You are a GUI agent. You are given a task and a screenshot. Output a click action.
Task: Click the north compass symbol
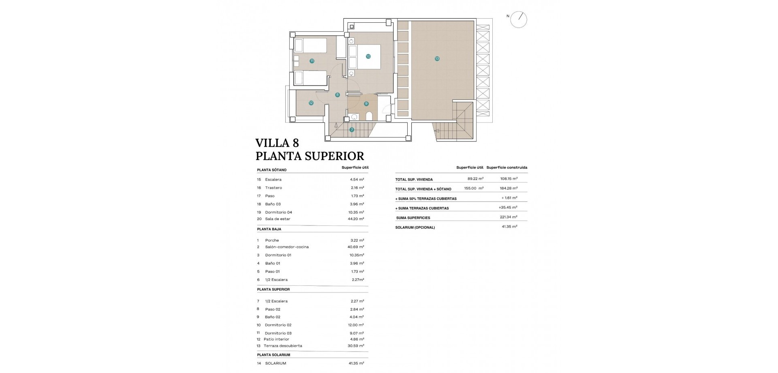click(x=519, y=19)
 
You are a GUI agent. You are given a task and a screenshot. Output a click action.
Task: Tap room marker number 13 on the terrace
click(x=437, y=59)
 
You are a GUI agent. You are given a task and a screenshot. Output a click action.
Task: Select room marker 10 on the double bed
click(x=368, y=57)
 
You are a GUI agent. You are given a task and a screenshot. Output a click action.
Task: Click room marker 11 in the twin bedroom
click(x=312, y=61)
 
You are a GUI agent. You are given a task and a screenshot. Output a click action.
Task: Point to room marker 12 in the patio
click(x=311, y=103)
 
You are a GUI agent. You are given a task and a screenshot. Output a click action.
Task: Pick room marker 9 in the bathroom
click(x=366, y=104)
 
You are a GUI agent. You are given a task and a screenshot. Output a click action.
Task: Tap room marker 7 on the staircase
click(x=352, y=130)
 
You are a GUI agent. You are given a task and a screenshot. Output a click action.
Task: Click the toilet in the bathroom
click(x=369, y=117)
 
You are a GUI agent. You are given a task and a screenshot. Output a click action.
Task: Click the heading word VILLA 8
click(x=277, y=143)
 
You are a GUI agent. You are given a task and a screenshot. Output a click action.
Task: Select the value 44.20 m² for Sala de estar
click(x=355, y=219)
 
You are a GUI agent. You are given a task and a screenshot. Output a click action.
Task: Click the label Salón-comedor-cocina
click(x=286, y=247)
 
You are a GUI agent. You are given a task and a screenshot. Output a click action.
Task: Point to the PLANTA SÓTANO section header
click(x=271, y=170)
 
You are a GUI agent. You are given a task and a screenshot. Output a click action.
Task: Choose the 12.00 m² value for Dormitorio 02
click(x=355, y=325)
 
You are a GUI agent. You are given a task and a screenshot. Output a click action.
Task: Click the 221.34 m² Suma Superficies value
click(x=509, y=218)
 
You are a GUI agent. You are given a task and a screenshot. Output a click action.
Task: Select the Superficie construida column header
click(x=507, y=167)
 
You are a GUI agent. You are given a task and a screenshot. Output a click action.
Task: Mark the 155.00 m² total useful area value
click(x=474, y=189)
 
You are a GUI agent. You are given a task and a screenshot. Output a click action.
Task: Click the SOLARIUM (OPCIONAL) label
click(x=415, y=227)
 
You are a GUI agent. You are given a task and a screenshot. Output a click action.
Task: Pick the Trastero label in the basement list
click(x=274, y=188)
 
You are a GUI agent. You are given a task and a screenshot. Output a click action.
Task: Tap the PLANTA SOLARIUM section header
click(x=274, y=355)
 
